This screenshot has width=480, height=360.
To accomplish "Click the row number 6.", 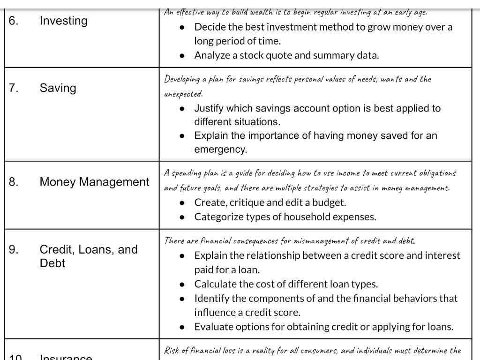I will pyautogui.click(x=14, y=21).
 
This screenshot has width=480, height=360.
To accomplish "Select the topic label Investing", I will pyautogui.click(x=63, y=21).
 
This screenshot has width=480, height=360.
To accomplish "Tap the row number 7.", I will pyautogui.click(x=14, y=88).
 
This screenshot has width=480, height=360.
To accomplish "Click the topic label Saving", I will pyautogui.click(x=58, y=88).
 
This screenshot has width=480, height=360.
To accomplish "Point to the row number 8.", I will pyautogui.click(x=14, y=182).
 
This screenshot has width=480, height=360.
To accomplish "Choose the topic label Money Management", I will pyautogui.click(x=94, y=182).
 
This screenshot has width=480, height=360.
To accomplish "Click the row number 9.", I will pyautogui.click(x=14, y=249).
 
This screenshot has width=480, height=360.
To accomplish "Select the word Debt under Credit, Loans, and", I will pyautogui.click(x=52, y=263).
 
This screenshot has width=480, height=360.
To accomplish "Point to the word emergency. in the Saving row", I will pyautogui.click(x=220, y=150).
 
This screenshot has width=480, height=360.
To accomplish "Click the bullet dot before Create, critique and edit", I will pyautogui.click(x=182, y=203).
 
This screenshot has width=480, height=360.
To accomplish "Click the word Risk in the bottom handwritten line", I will pyautogui.click(x=171, y=351).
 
